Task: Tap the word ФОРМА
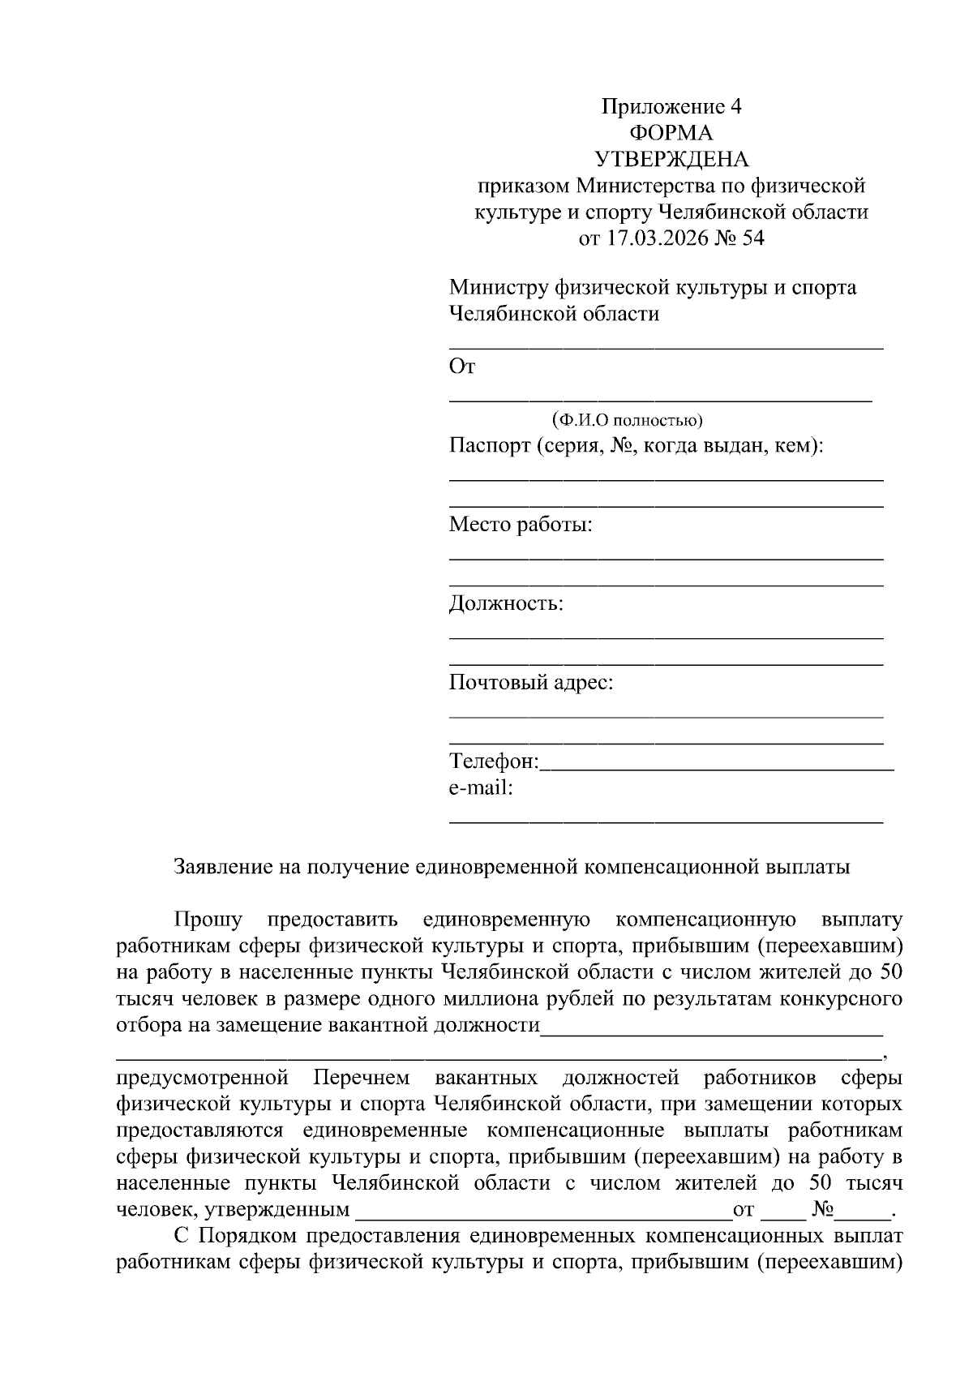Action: coord(671,133)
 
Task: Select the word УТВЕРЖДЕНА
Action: coord(671,159)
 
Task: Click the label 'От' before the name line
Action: coord(462,367)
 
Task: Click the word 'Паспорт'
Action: coord(490,446)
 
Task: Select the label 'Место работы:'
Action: coord(521,525)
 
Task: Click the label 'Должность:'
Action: coord(506,603)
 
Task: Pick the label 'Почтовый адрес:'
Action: coord(531,683)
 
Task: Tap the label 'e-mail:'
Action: coord(481,787)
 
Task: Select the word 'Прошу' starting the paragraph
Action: coord(208,920)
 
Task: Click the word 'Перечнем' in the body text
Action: coord(362,1078)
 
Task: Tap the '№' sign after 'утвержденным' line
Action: coord(823,1210)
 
